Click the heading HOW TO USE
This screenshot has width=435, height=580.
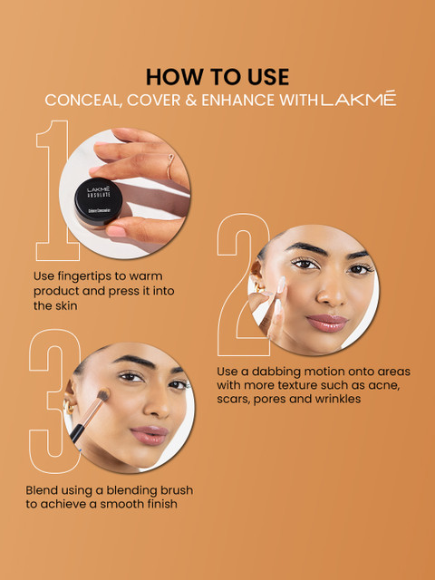[x=217, y=77]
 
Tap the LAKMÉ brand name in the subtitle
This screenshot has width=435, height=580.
[x=359, y=99]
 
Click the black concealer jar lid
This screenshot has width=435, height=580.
[x=98, y=201]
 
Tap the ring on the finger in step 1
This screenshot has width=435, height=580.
[x=169, y=167]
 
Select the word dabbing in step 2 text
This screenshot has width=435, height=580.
[x=275, y=372]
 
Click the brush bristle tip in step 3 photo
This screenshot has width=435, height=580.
[x=102, y=395]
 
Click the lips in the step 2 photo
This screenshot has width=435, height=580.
[x=326, y=323]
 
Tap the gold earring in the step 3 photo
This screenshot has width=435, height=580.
[x=69, y=407]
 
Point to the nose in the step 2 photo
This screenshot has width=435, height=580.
[x=329, y=294]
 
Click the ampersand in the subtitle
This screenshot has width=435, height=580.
[x=191, y=100]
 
